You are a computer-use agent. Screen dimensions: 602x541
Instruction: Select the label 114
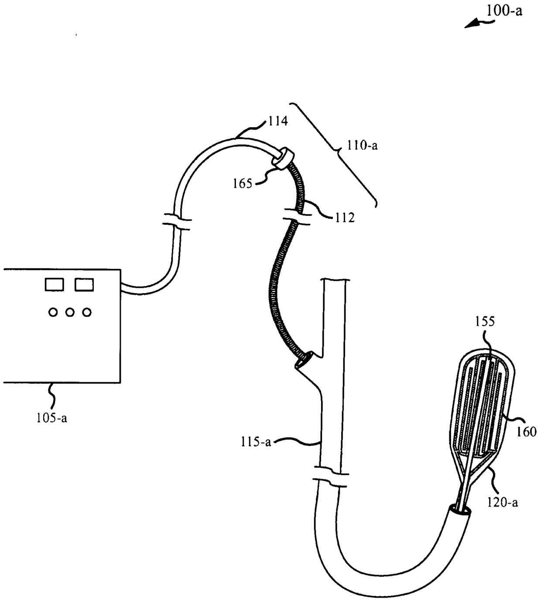(x=278, y=121)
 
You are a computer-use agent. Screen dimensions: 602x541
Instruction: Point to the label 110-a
(x=362, y=145)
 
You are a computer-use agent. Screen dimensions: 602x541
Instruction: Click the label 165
(x=243, y=183)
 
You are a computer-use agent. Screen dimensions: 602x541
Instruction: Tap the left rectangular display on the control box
(x=55, y=285)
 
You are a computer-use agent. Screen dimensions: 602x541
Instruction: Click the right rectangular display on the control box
(x=84, y=285)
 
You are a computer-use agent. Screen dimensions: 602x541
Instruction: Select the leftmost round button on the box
(x=53, y=312)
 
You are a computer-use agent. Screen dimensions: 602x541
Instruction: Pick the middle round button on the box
(x=70, y=312)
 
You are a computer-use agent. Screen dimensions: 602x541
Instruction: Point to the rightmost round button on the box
(x=87, y=312)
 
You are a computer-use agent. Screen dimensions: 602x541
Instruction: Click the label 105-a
(x=52, y=419)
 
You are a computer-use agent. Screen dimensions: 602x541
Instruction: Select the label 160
(x=526, y=432)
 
